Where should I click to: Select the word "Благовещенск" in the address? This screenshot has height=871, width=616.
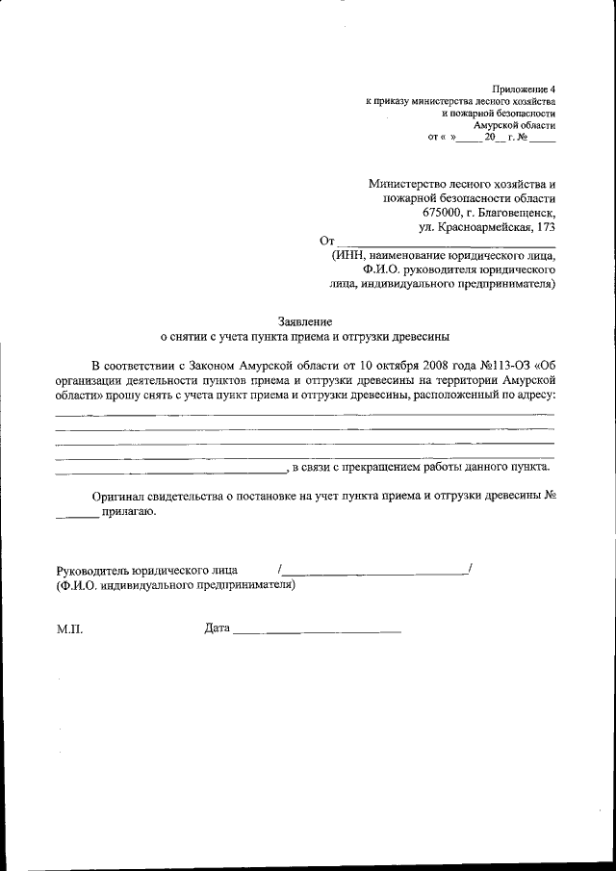click(517, 212)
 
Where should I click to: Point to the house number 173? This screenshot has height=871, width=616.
click(542, 227)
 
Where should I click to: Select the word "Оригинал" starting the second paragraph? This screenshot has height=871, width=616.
click(118, 496)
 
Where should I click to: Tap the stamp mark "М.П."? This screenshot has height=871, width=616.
click(70, 629)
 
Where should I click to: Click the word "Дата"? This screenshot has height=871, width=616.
click(217, 629)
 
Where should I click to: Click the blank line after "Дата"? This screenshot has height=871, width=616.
click(317, 632)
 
